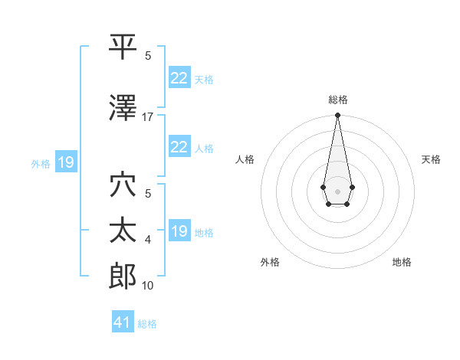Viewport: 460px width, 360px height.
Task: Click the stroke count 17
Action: [147, 117]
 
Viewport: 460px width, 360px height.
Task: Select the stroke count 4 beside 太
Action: [148, 240]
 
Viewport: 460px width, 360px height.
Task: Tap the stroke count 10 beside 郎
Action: [147, 286]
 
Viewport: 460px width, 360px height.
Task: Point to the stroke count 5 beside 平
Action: [148, 56]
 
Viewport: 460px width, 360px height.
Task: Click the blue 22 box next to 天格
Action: [179, 77]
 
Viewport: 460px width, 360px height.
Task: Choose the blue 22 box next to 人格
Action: [179, 147]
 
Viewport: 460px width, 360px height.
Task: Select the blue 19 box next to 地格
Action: [179, 231]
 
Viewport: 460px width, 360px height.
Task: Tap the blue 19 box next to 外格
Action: [65, 162]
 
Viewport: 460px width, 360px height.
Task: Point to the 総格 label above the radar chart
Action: [337, 100]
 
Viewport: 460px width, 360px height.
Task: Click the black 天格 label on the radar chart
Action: [431, 159]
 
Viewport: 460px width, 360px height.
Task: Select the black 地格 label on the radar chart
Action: [402, 262]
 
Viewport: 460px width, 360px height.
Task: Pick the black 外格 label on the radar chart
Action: [270, 262]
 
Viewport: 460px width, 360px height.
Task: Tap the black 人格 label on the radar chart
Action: [245, 159]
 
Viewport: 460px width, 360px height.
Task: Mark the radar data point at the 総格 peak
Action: [337, 116]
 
